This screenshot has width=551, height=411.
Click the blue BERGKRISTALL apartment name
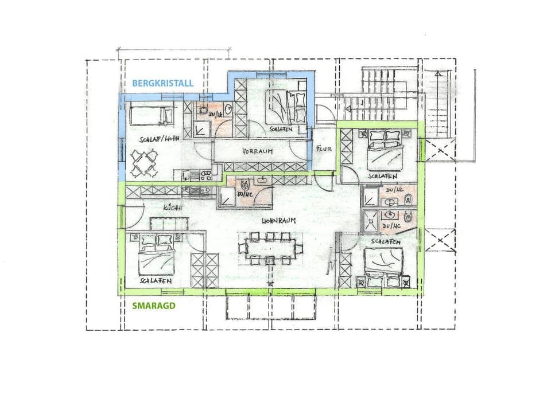tap(162, 83)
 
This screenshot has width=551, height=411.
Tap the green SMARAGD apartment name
tap(153, 306)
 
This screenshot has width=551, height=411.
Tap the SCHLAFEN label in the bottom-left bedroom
tap(153, 281)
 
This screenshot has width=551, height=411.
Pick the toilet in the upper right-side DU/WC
tap(408, 199)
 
